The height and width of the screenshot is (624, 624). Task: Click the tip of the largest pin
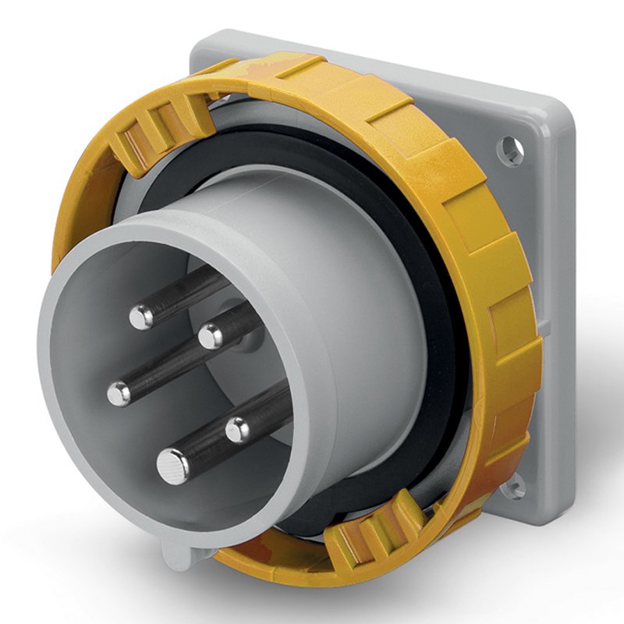pyautogui.click(x=172, y=466)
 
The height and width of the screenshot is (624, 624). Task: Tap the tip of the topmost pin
pyautogui.click(x=141, y=316)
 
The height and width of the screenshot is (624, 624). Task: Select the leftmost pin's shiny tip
pyautogui.click(x=119, y=393)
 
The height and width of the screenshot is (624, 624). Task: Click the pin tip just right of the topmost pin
pyautogui.click(x=210, y=336)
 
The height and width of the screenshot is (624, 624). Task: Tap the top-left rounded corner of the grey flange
pyautogui.click(x=201, y=41)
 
